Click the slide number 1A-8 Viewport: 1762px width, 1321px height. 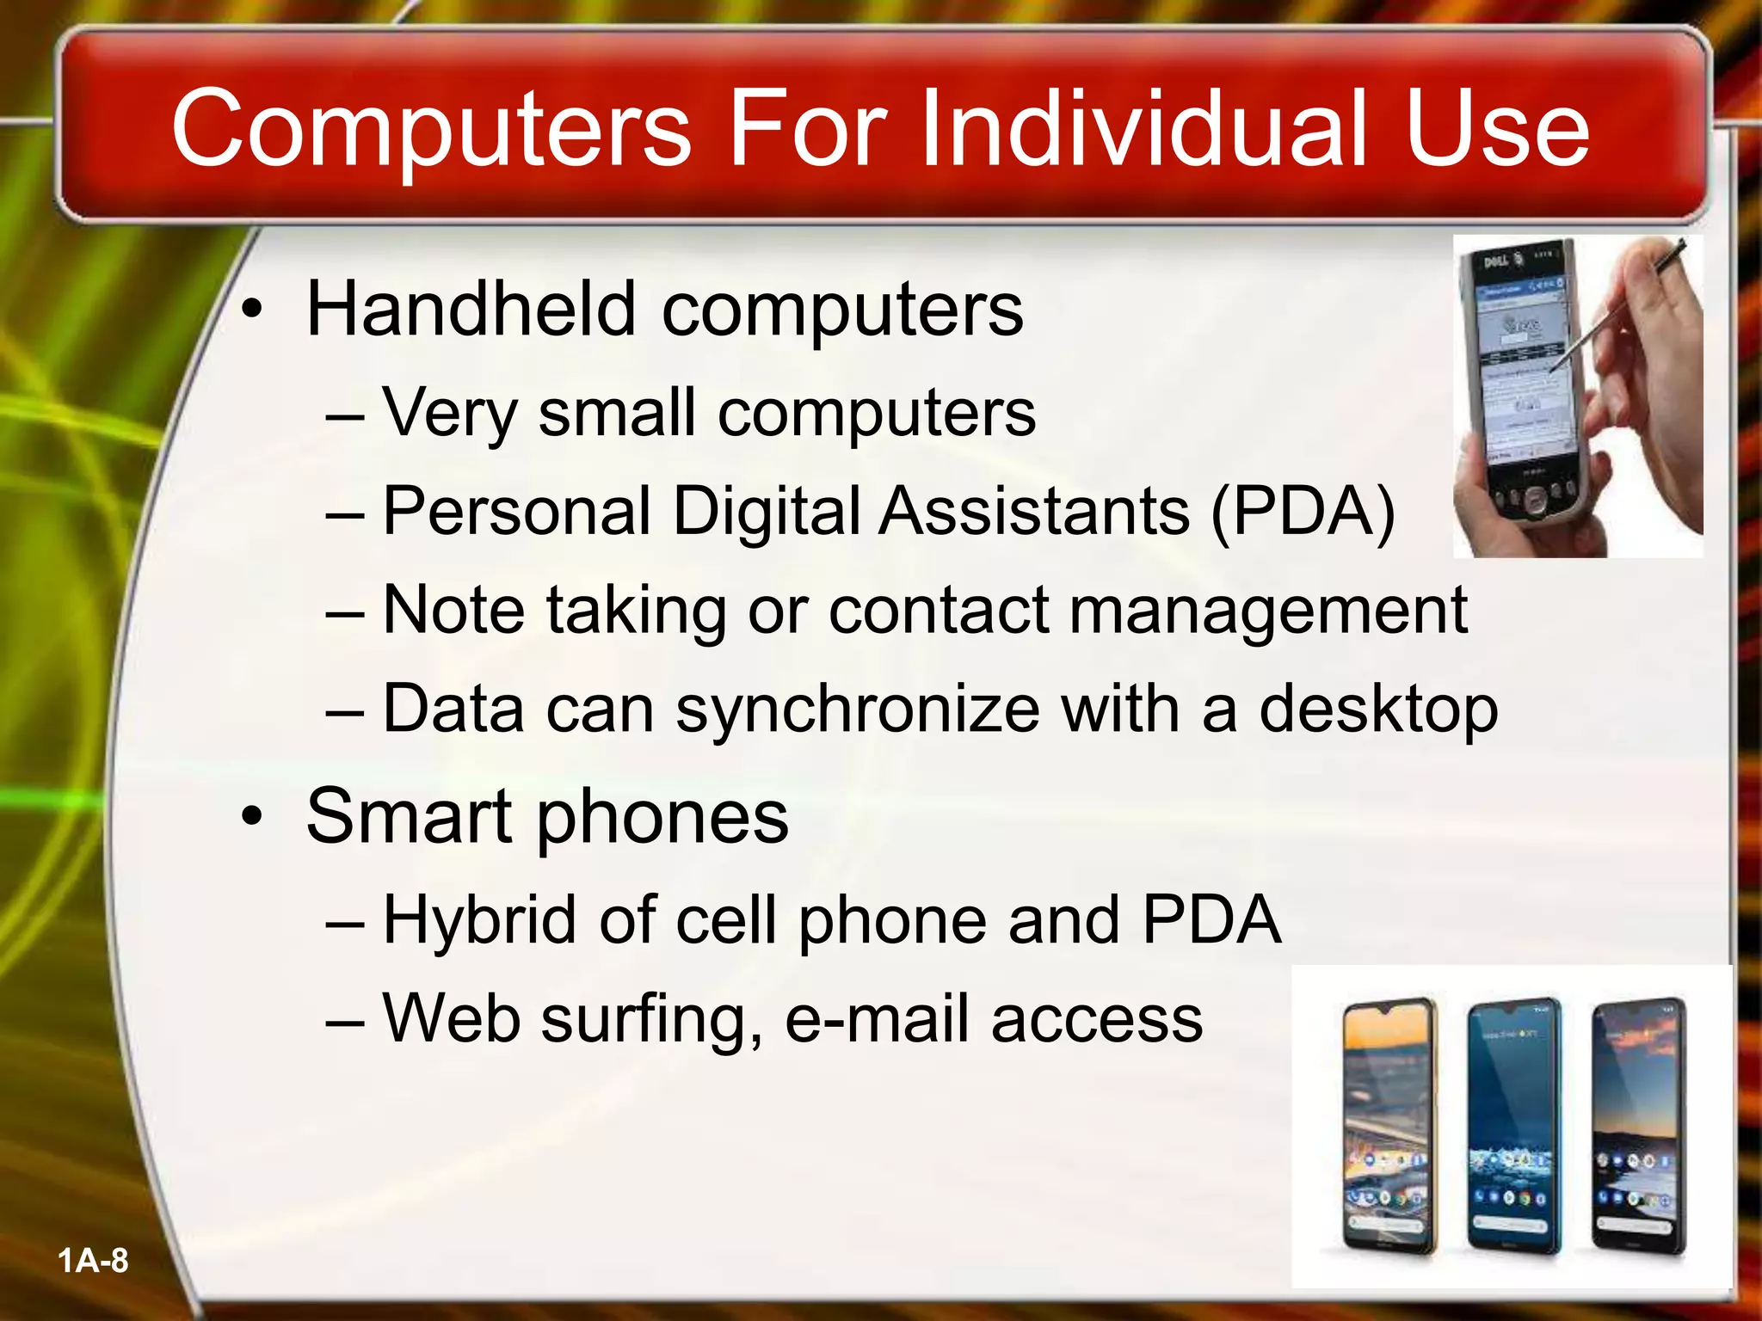[93, 1262]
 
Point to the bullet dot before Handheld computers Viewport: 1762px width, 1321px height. [250, 310]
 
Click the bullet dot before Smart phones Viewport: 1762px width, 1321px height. [250, 817]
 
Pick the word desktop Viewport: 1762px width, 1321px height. [1378, 710]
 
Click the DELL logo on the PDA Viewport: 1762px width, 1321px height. [1496, 261]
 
